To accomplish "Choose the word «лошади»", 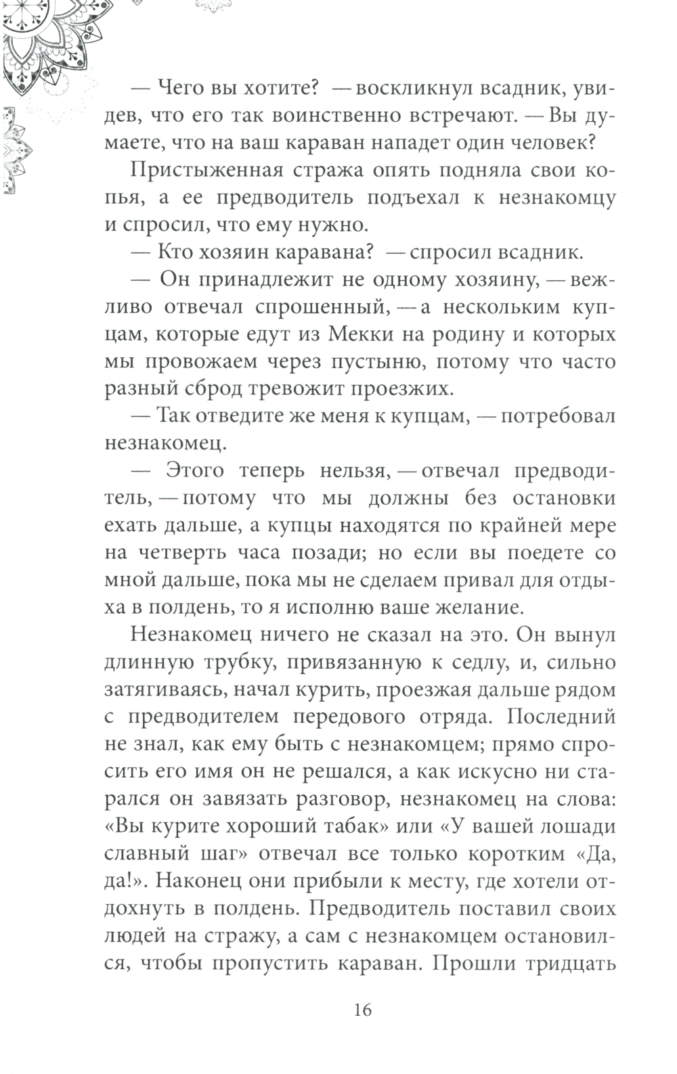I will (574, 826).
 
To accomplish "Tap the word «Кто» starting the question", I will (176, 252).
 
